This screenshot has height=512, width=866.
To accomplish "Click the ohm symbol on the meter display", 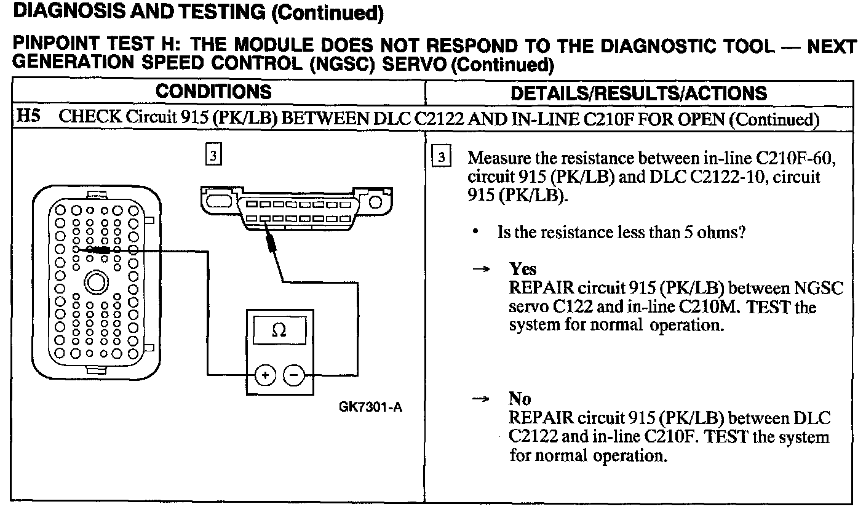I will pyautogui.click(x=279, y=330).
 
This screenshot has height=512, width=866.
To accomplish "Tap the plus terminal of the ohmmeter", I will pyautogui.click(x=265, y=374).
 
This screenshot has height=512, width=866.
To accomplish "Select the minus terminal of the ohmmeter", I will pyautogui.click(x=294, y=374).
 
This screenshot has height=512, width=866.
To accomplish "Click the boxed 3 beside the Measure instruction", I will pyautogui.click(x=440, y=155).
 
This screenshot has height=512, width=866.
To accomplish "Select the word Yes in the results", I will pyautogui.click(x=523, y=270).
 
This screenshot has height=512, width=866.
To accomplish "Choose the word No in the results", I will pyautogui.click(x=520, y=399).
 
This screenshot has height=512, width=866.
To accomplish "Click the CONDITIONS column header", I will pyautogui.click(x=213, y=93).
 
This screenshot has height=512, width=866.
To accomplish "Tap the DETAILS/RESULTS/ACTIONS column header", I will pyautogui.click(x=640, y=94).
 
